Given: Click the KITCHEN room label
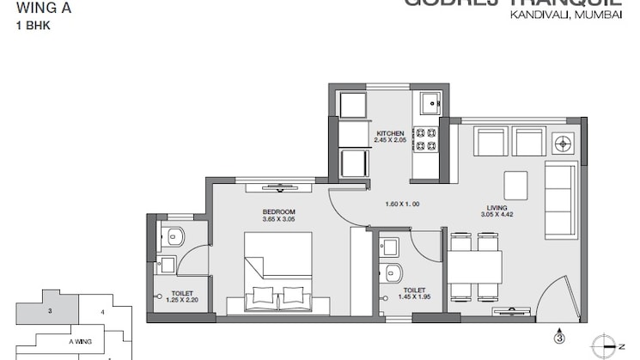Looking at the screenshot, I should click(390, 133).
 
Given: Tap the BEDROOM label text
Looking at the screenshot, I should click(279, 211).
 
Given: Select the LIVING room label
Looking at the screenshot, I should click(497, 207).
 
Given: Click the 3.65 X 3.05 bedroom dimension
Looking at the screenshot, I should click(279, 219).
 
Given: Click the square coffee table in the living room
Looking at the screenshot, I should click(515, 184).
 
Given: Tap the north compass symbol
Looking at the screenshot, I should click(611, 342).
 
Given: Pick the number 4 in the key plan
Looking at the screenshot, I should click(102, 311).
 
